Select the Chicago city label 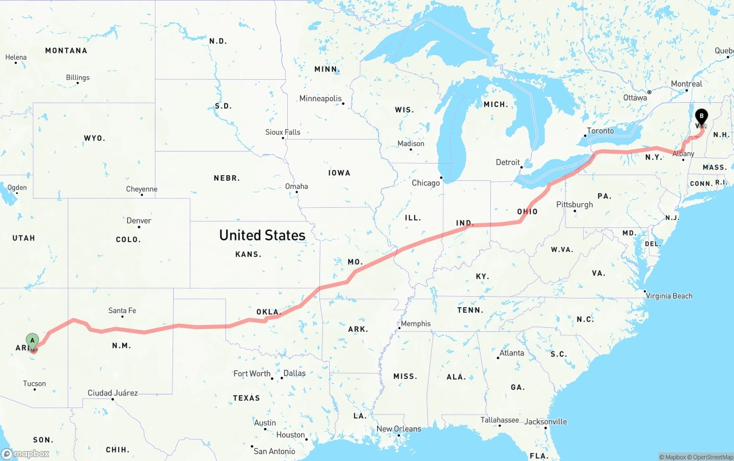click(x=425, y=183)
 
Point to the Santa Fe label click(x=122, y=311)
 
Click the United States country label click(x=262, y=235)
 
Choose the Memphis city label click(x=416, y=323)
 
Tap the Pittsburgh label click(x=575, y=204)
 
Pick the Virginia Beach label click(x=669, y=296)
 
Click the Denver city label click(x=139, y=220)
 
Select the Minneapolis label click(x=320, y=99)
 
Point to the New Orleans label click(x=399, y=429)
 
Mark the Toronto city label click(x=600, y=131)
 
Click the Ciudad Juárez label click(x=112, y=393)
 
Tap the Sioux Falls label click(x=283, y=132)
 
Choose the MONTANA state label click(x=66, y=51)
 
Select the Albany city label click(x=684, y=154)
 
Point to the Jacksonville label click(x=546, y=421)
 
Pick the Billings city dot click(x=77, y=84)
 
